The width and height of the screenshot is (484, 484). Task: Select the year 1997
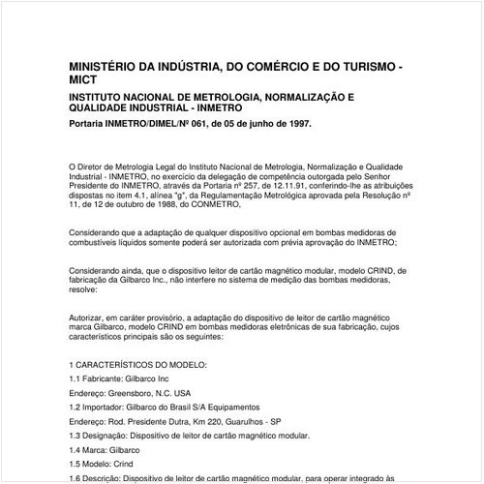coord(297,125)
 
